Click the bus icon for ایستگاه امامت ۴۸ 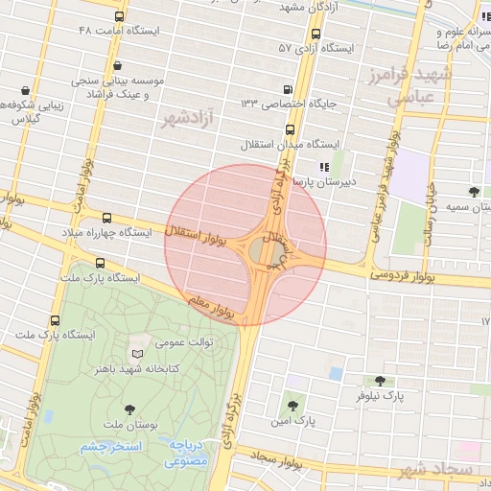(x=118, y=16)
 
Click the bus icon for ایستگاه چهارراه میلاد (x=105, y=219)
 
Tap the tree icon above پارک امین (x=292, y=407)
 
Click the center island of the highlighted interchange (x=263, y=251)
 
